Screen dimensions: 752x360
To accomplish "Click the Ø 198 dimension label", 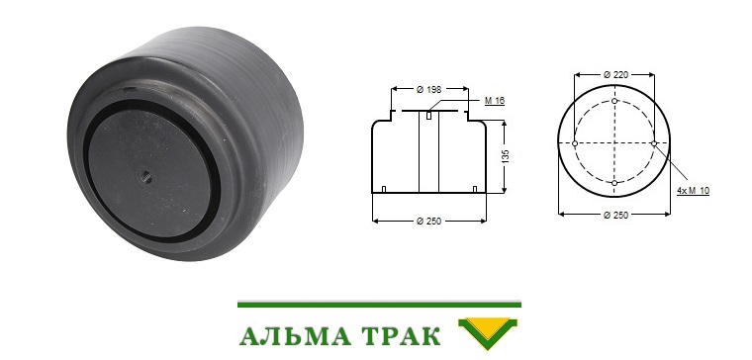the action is (428, 89).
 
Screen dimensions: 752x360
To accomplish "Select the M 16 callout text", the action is (495, 101).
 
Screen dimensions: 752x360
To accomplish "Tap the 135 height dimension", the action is (506, 156).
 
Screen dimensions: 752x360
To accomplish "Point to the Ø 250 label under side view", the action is (428, 221).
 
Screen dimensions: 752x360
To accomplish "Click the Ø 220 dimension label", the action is (615, 74).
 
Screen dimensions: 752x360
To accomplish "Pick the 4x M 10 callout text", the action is (693, 190).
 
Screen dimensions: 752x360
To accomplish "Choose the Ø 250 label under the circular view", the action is (615, 216).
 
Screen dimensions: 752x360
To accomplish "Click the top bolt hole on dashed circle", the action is (614, 101).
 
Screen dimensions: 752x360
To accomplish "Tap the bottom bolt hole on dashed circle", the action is (614, 183).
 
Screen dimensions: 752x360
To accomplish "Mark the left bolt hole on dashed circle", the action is (575, 142).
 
